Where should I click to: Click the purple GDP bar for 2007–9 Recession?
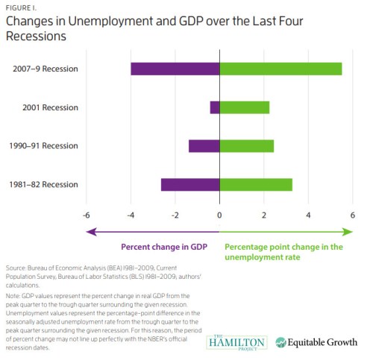point(175,69)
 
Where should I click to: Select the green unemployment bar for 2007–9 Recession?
point(280,69)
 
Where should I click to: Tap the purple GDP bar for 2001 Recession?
point(215,107)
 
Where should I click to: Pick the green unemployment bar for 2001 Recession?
point(244,107)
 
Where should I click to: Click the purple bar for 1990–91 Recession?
point(204,146)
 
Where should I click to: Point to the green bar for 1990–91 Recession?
point(246,146)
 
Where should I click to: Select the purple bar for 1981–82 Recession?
point(190,184)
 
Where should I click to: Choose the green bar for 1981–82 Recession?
point(256,184)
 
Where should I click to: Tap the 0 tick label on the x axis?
point(219,215)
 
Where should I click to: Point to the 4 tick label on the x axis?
point(308,215)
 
